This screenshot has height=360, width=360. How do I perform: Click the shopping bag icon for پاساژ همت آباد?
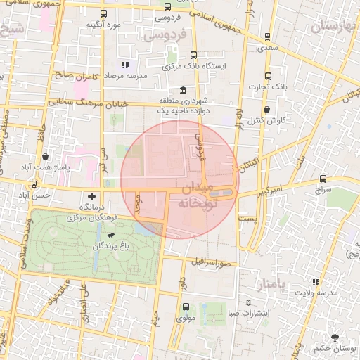pyautogui.click(x=46, y=156)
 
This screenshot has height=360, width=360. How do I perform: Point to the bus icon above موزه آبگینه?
pyautogui.click(x=104, y=13)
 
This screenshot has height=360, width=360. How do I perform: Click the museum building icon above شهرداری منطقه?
pyautogui.click(x=182, y=90)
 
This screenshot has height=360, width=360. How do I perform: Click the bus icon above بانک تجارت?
pyautogui.click(x=267, y=77)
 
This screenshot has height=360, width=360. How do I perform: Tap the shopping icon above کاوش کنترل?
pyautogui.click(x=267, y=110)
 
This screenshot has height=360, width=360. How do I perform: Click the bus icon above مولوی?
pyautogui.click(x=186, y=307)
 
